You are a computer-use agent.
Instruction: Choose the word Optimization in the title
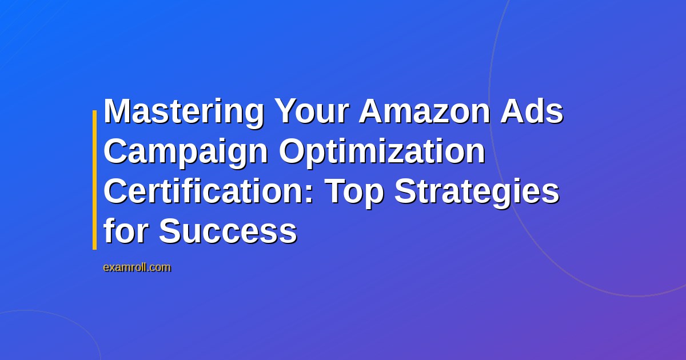[382, 152]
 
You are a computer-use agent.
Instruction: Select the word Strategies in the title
[477, 192]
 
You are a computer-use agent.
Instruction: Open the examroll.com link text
[137, 267]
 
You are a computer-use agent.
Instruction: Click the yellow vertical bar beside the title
[95, 180]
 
